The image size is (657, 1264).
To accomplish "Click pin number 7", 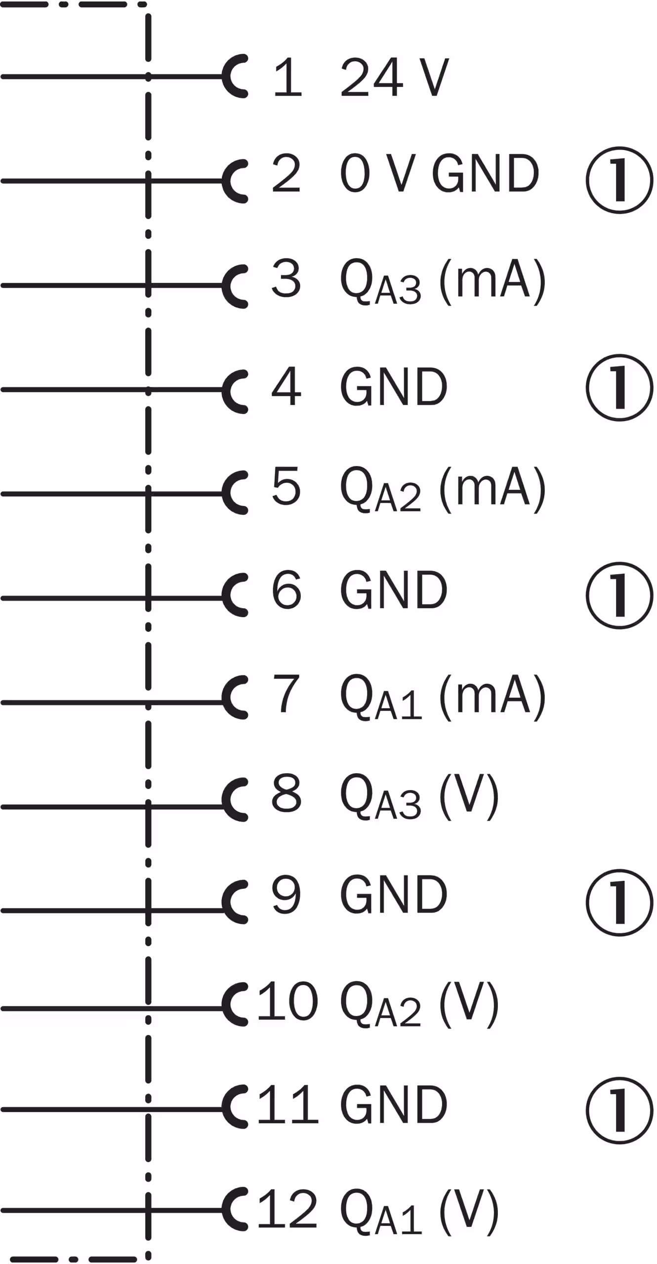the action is (x=286, y=694).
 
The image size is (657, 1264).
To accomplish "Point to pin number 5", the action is (x=286, y=485).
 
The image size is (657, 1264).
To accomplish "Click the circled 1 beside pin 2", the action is (x=620, y=180).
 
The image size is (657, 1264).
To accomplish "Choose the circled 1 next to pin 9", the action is (x=620, y=903).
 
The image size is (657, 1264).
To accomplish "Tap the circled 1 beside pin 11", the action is (x=620, y=1110).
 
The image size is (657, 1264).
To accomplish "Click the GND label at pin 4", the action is (x=394, y=387).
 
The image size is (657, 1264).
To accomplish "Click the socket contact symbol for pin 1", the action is (x=235, y=77).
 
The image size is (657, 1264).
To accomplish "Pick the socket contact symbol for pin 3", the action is (x=235, y=285).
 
